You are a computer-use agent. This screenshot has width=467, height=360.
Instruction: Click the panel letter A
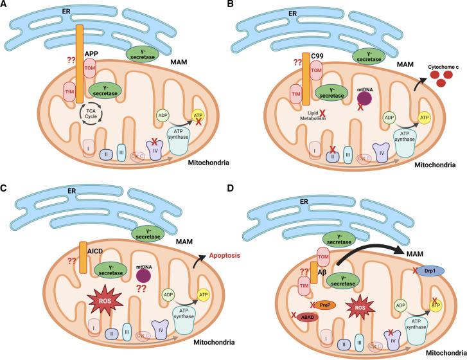pyautogui.click(x=6, y=6)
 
